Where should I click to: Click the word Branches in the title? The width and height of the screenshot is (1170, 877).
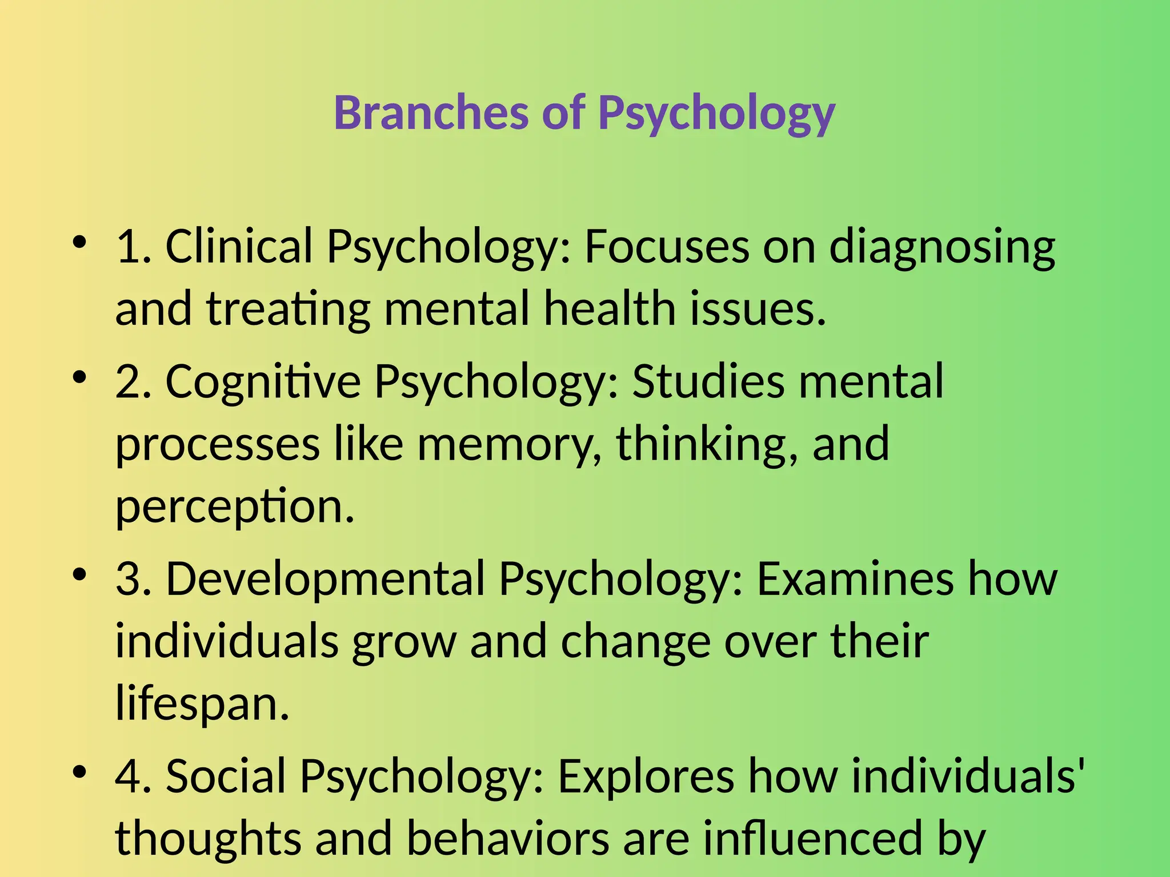click(431, 112)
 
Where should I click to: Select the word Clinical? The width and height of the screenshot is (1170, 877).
click(239, 246)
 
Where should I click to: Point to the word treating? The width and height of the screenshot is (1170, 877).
click(288, 309)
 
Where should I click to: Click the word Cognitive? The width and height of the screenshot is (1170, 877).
click(263, 382)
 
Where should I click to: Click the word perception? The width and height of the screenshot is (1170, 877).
click(235, 508)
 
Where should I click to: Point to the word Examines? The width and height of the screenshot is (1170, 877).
click(855, 578)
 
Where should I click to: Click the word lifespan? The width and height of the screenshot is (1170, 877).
click(202, 704)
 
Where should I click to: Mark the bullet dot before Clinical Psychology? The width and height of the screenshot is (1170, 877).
click(79, 243)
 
